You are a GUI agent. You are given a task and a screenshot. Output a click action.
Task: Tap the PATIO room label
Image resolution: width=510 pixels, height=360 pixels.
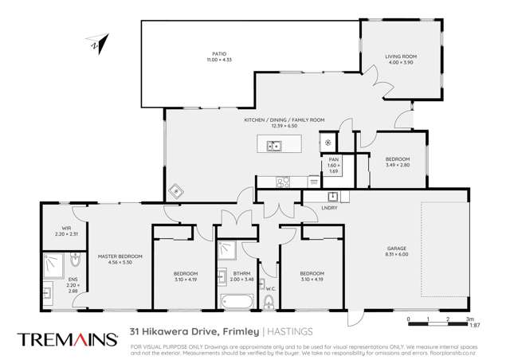(210, 54)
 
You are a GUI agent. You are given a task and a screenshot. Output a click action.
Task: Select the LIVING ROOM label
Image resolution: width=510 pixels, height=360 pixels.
(401, 57)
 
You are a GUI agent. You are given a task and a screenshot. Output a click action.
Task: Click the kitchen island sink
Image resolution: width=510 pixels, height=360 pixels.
(274, 146)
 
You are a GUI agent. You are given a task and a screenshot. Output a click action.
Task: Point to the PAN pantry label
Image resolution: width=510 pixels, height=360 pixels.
(334, 160)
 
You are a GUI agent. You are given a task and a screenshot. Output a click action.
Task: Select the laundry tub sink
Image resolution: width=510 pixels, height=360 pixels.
(333, 197)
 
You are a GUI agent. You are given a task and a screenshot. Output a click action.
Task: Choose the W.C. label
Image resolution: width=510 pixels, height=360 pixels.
(270, 288)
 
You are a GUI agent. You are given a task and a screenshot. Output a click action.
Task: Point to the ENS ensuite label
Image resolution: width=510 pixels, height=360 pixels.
(73, 280)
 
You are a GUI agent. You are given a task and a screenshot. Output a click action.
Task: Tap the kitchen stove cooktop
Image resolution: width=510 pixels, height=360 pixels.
(282, 182)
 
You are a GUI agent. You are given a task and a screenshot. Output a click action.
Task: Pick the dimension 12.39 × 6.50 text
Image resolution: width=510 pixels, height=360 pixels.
(284, 126)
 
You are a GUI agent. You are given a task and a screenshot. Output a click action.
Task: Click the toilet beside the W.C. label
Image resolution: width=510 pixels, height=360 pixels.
(269, 301)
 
